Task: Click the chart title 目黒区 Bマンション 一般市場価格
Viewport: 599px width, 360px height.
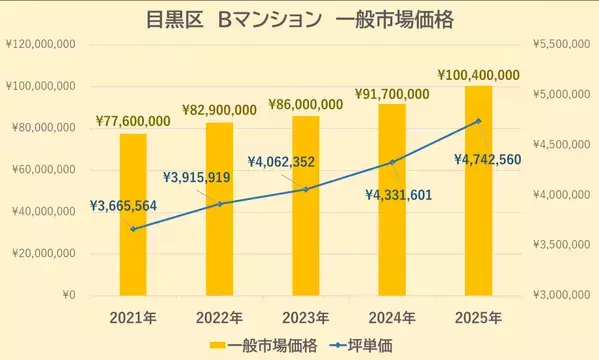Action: click(299, 20)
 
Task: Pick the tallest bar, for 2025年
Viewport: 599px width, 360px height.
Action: click(478, 190)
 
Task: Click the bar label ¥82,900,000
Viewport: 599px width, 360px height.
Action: click(219, 108)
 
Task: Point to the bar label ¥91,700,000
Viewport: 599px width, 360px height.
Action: click(392, 94)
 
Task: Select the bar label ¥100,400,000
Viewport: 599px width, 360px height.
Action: click(478, 75)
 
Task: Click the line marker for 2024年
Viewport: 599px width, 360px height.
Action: click(392, 161)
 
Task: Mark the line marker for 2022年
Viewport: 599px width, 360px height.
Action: click(219, 204)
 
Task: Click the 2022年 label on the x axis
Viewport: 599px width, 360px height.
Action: click(219, 318)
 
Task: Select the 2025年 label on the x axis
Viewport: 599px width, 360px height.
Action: click(478, 318)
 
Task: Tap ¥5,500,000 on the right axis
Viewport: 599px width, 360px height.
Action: click(558, 45)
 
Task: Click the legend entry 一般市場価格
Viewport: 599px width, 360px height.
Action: click(264, 345)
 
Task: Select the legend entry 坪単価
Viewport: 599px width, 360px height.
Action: click(363, 345)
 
